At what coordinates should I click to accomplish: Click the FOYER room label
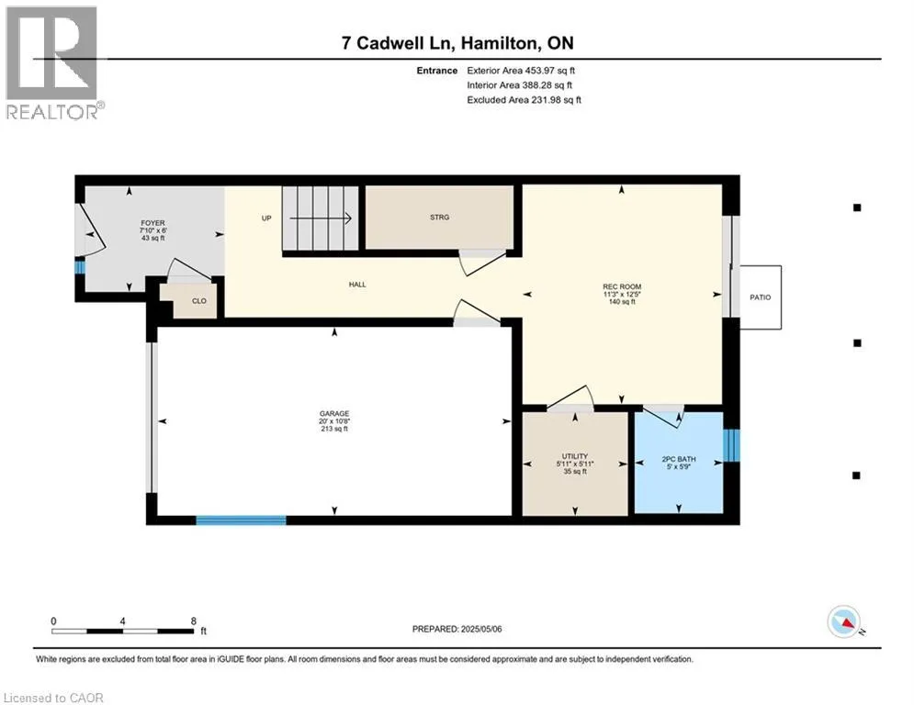pyautogui.click(x=152, y=223)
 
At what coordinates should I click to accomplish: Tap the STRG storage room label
pyautogui.click(x=439, y=218)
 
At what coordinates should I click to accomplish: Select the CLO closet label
pyautogui.click(x=199, y=301)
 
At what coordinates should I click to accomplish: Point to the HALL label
pyautogui.click(x=357, y=285)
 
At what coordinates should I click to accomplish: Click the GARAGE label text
pyautogui.click(x=334, y=414)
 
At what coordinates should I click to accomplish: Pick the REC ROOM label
pyautogui.click(x=622, y=286)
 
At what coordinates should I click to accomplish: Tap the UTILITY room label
pyautogui.click(x=575, y=456)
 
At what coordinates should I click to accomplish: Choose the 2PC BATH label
pyautogui.click(x=679, y=459)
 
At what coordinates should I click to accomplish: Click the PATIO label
pyautogui.click(x=760, y=297)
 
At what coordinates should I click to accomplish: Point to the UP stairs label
pyautogui.click(x=266, y=218)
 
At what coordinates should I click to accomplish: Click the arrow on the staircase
pyautogui.click(x=321, y=218)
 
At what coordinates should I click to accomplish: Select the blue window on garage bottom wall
pyautogui.click(x=242, y=520)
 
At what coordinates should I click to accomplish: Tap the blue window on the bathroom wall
pyautogui.click(x=731, y=446)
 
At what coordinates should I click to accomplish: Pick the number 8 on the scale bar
pyautogui.click(x=194, y=621)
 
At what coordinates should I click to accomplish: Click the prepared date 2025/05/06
pyautogui.click(x=481, y=629)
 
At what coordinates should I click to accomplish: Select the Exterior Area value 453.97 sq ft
pyautogui.click(x=550, y=71)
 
